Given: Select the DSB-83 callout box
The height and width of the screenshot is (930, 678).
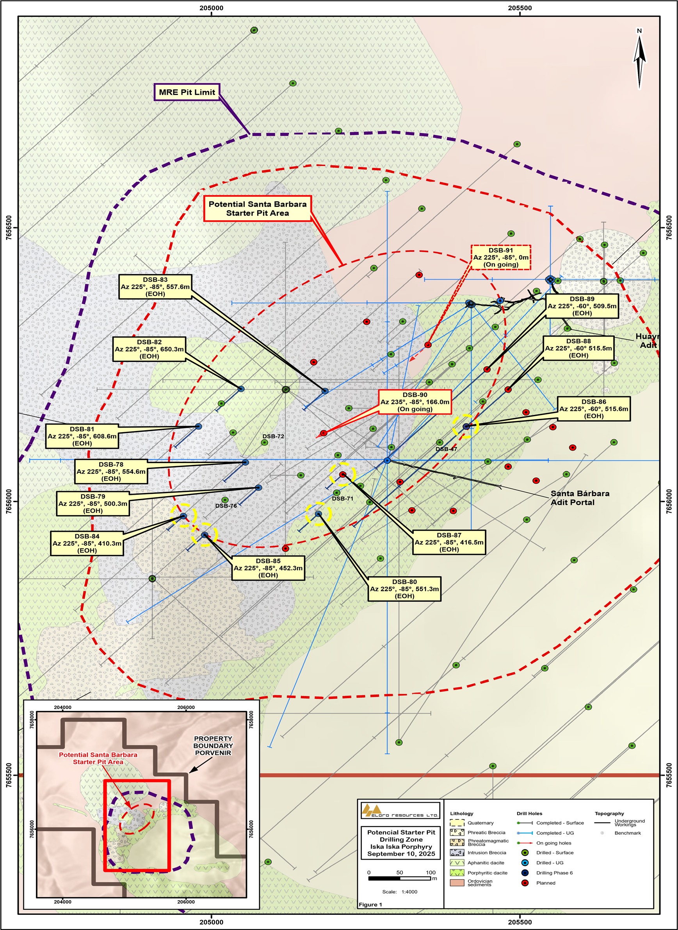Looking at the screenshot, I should (155, 287).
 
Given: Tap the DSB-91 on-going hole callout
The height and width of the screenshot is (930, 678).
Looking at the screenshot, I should (501, 257).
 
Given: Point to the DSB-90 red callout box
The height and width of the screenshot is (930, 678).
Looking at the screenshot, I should (415, 402).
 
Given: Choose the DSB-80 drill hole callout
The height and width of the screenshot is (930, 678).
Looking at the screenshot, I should (404, 588).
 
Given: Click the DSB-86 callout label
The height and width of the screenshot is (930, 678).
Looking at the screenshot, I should (593, 409).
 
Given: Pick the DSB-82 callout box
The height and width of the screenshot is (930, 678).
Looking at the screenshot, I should (149, 349).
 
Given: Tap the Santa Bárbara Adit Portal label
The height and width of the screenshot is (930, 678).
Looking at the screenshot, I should (580, 498).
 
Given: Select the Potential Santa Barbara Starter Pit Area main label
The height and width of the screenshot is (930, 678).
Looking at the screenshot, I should (257, 208).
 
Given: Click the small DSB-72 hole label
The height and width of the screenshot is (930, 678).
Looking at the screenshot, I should (273, 436).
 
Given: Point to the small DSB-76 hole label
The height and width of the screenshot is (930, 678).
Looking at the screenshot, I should (226, 506).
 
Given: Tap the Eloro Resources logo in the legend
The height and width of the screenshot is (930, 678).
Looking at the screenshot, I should (400, 810).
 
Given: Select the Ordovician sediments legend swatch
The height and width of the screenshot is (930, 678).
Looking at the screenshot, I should (457, 882).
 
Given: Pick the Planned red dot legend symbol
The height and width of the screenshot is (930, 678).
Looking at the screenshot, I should (525, 883).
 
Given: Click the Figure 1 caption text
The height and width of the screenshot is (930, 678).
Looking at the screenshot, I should (370, 904).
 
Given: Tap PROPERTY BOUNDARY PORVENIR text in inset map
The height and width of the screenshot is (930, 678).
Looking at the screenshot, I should (213, 746).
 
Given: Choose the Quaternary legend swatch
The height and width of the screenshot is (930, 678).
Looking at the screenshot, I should (457, 823).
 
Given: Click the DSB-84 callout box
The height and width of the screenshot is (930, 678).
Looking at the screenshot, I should (87, 543).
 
